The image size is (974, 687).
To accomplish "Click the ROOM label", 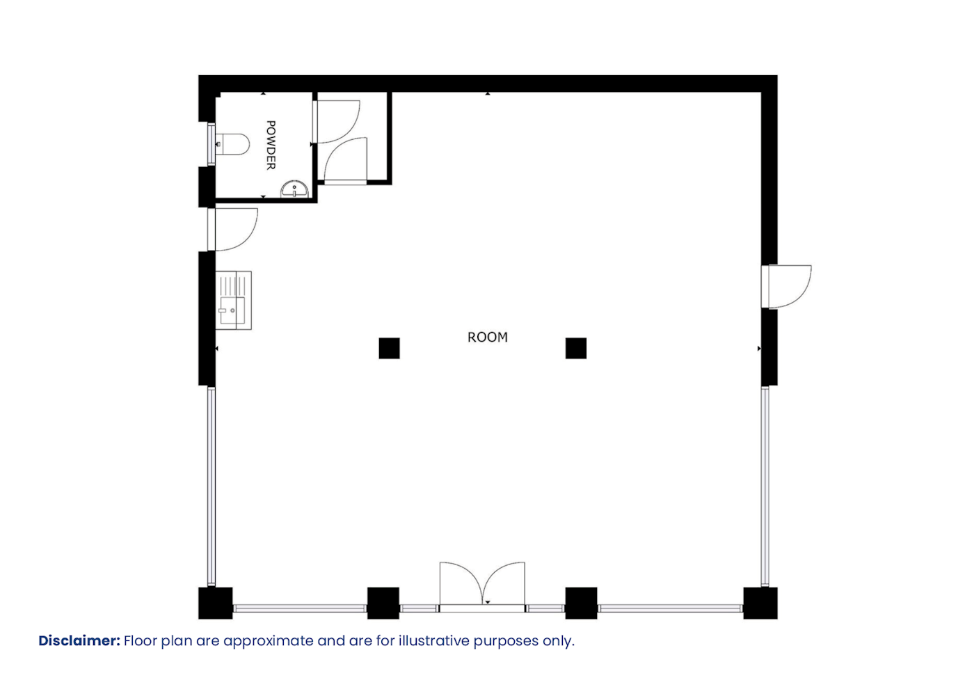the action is click(488, 337).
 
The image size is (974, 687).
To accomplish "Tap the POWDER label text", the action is click(271, 145).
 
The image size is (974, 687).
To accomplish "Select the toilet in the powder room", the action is click(232, 144).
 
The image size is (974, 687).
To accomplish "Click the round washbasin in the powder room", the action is click(294, 190).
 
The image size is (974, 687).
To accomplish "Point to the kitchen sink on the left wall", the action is click(234, 300).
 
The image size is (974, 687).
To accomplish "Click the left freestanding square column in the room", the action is click(389, 348).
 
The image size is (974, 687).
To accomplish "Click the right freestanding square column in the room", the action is click(576, 348).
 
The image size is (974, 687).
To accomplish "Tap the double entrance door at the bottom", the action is click(482, 587).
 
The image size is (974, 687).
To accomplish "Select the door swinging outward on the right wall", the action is click(786, 287).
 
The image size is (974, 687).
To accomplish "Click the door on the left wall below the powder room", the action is click(232, 229).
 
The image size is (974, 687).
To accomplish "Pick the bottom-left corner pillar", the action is click(215, 603).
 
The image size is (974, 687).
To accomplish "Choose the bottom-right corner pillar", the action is click(760, 603).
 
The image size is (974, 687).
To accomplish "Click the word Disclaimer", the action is click(79, 641).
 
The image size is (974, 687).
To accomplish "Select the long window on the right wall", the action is click(765, 487).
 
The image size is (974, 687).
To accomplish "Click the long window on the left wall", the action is click(211, 487).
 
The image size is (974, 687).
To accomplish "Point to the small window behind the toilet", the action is click(211, 144).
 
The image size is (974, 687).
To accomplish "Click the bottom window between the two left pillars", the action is click(300, 608).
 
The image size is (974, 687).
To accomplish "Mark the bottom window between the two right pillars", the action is click(670, 608).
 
